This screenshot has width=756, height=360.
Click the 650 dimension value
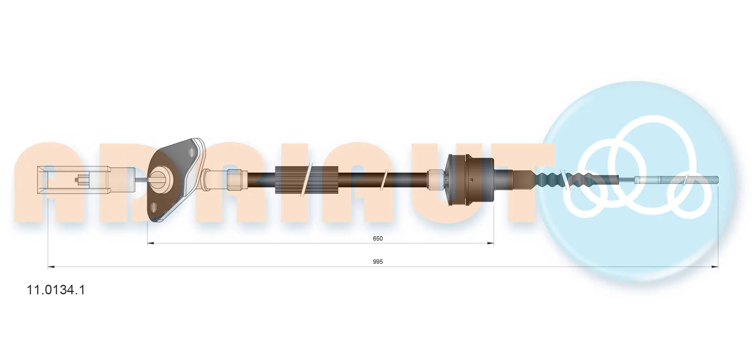click(378, 238)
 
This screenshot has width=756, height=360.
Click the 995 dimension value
click(378, 262)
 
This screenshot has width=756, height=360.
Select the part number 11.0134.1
click(56, 290)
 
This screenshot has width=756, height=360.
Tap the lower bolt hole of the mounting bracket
click(154, 208)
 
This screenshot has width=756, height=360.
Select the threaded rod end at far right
click(689, 180)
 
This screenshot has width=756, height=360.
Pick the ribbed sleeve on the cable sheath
click(306, 180)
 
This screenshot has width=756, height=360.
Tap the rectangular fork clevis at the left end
click(73, 180)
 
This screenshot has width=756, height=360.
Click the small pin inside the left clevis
click(82, 180)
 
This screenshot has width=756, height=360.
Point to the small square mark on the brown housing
click(471, 180)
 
